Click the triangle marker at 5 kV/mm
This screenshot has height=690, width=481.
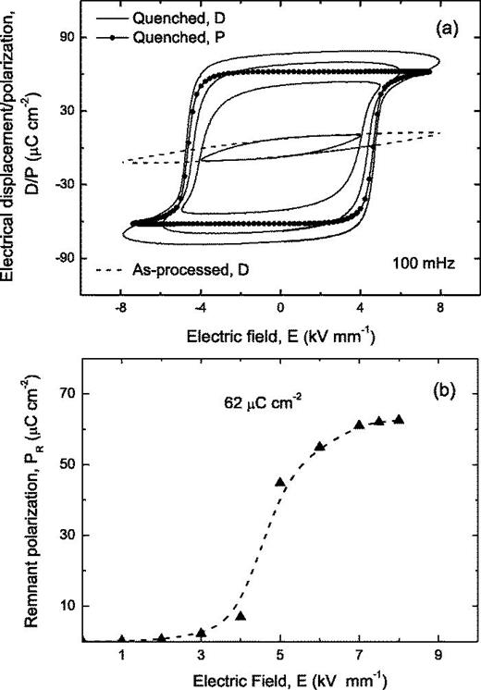pos(280,482)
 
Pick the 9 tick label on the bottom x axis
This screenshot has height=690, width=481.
pos(438,655)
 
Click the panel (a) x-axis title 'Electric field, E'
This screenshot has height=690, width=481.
pos(280,333)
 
